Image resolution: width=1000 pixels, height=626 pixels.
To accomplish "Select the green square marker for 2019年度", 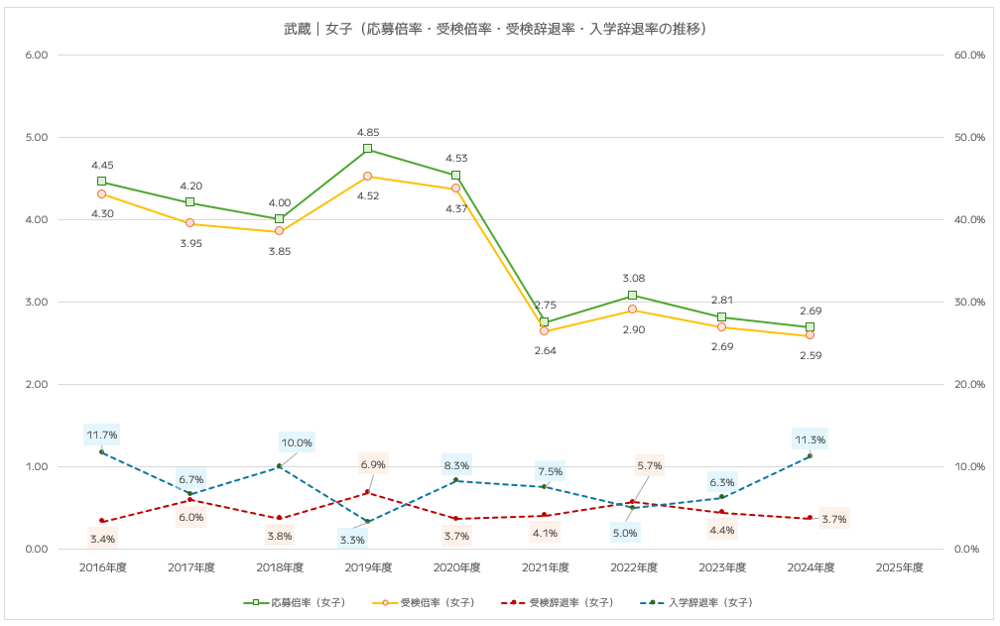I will point(367,149).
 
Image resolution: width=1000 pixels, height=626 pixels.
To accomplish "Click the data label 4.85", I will point(368,132).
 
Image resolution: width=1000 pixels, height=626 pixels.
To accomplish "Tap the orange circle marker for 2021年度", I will point(544,330).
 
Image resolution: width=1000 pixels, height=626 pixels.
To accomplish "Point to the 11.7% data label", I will point(102,435).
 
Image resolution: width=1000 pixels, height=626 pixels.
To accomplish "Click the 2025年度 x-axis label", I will point(900,567).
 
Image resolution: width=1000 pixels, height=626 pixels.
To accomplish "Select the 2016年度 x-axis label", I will point(102,567).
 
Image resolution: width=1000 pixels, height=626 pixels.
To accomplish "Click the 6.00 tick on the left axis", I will point(36,55).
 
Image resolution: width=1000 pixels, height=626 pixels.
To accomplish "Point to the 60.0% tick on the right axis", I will point(968,55).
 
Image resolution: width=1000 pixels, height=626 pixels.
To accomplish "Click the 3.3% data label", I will point(352,540).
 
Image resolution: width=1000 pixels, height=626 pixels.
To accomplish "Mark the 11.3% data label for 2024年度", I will point(810,439).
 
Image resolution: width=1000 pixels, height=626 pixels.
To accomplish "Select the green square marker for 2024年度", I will point(810,326).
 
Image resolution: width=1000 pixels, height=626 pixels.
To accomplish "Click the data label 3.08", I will point(633,279).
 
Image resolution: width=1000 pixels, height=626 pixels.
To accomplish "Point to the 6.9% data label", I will point(373,464).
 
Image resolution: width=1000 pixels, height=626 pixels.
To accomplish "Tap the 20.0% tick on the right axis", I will point(968,384).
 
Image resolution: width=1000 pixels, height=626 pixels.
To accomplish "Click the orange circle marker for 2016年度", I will point(102,193).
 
